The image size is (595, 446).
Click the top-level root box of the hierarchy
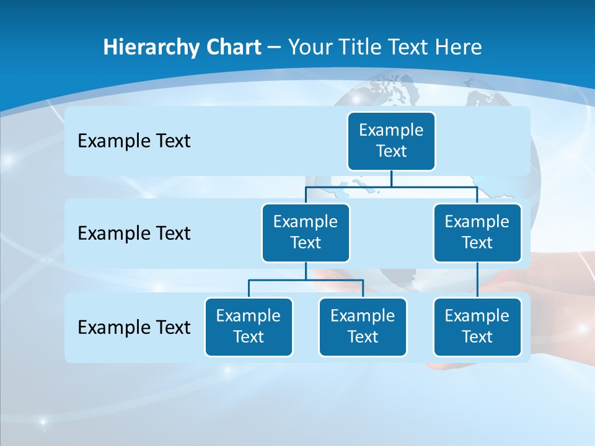tap(391, 141)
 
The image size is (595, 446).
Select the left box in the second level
tap(306, 233)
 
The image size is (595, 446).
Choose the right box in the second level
tap(477, 233)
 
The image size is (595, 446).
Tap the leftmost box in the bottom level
tap(249, 327)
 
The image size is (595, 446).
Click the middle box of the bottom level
tap(363, 327)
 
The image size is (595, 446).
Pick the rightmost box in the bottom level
tap(477, 327)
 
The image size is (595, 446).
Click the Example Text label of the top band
tap(134, 141)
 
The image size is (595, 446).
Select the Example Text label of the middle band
tap(134, 234)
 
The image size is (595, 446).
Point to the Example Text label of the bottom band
tap(134, 327)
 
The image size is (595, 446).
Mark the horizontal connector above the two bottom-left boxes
tap(306, 280)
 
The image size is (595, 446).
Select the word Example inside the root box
tap(391, 130)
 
